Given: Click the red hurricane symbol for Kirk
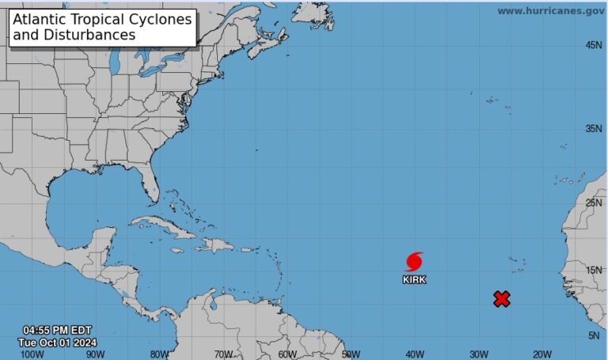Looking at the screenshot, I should click(414, 262).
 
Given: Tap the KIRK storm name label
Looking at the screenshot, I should click(414, 279).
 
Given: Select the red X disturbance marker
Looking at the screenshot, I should click(501, 298).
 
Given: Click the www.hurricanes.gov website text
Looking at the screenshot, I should click(550, 11).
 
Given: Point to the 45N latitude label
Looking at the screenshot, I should click(594, 45).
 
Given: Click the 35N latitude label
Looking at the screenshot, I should click(594, 128).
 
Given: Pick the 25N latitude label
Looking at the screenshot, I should click(594, 203).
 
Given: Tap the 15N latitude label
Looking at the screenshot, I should click(594, 271).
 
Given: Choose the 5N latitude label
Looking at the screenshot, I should click(594, 336).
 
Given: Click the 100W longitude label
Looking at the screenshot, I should click(32, 354).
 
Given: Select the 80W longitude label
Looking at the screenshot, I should click(159, 354).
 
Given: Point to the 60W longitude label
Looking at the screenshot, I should click(287, 354).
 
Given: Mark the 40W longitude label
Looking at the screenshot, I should click(415, 354).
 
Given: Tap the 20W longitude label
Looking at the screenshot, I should click(542, 354).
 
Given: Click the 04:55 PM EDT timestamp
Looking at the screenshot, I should click(57, 330).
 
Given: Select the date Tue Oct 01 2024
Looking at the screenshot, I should click(57, 343).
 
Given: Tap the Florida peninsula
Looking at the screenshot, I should click(150, 187).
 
